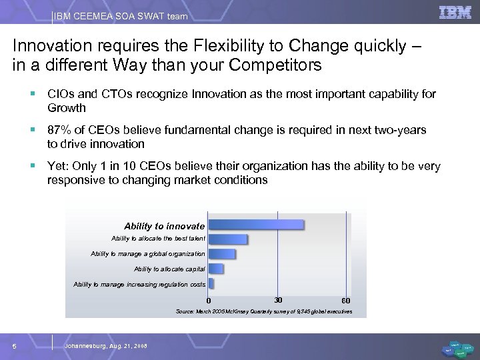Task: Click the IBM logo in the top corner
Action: click(455, 13)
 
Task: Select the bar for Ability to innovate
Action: click(255, 225)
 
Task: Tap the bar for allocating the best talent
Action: click(227, 239)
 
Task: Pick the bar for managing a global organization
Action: click(221, 254)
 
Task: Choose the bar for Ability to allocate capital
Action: click(215, 269)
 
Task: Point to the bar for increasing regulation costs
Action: click(211, 284)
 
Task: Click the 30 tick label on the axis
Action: click(278, 299)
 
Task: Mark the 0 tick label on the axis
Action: click(208, 300)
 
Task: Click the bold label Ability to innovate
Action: click(164, 226)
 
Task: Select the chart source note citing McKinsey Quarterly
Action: click(263, 311)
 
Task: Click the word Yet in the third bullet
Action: click(57, 166)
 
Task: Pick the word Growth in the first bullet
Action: click(67, 107)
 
